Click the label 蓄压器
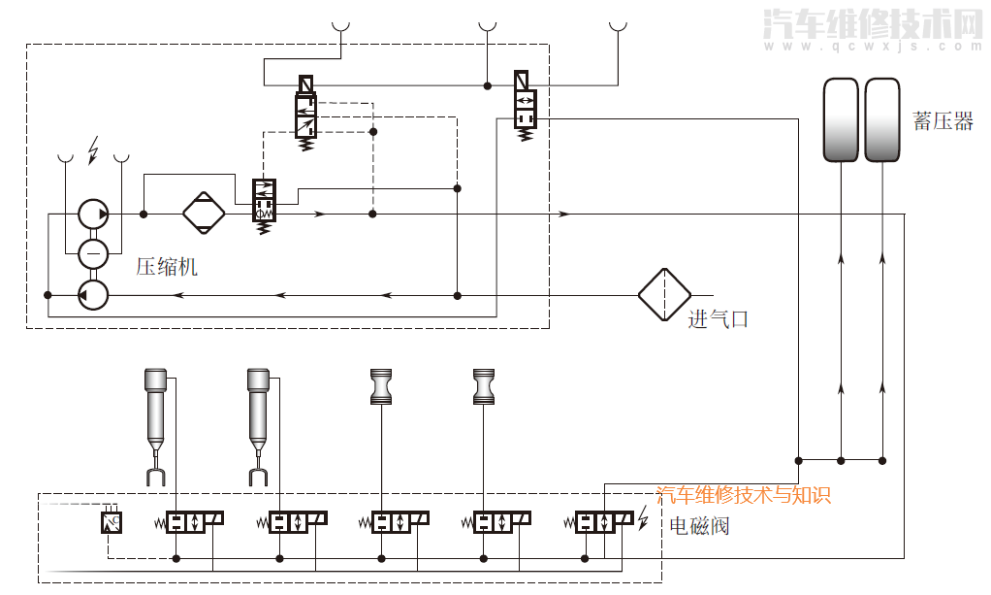[x=943, y=121]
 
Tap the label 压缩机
[x=166, y=266]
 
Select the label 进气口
[x=719, y=318]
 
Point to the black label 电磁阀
[x=699, y=526]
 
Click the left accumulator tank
[x=841, y=119]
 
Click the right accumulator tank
[x=882, y=119]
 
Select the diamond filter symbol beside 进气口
[x=664, y=294]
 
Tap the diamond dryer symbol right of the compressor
[x=204, y=214]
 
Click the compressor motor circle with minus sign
[x=93, y=253]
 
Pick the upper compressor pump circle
[x=93, y=214]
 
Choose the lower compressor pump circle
[x=93, y=294]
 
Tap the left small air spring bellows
[x=380, y=386]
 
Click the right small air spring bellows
[x=483, y=386]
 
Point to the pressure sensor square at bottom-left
[x=111, y=522]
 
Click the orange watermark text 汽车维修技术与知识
[x=744, y=495]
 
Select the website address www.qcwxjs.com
[x=873, y=46]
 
